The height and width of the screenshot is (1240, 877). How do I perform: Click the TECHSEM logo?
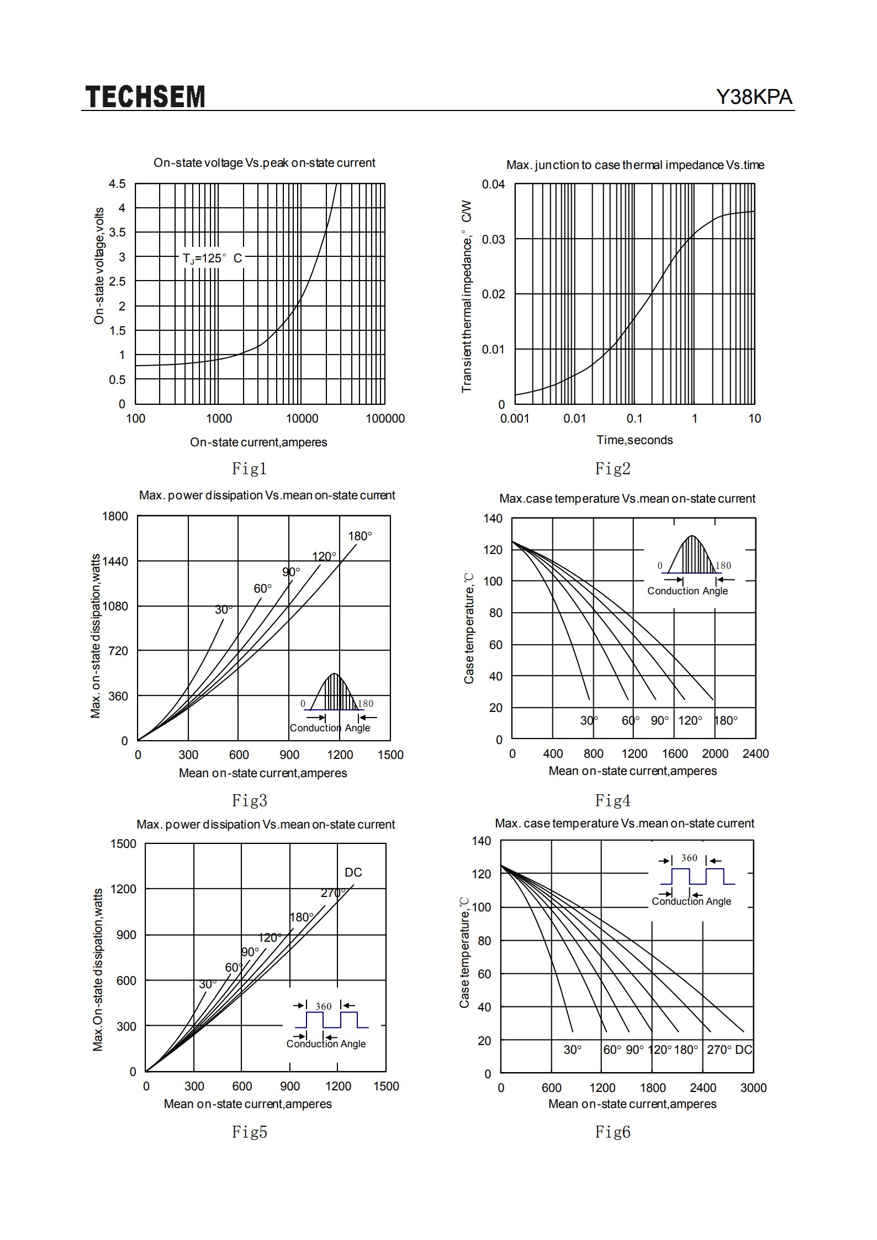pos(145,97)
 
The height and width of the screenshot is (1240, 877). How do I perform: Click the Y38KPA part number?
pos(754,97)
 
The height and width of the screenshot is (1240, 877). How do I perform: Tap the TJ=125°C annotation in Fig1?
pos(213,258)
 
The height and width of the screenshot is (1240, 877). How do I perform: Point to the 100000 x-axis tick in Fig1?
pos(385,419)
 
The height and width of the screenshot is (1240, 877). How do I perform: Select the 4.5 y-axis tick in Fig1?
pos(117,184)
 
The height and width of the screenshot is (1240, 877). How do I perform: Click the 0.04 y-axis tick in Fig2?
pos(493,184)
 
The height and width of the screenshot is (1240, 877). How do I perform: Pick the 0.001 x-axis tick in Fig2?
pos(515,419)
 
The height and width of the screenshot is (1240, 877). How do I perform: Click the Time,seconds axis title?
pos(635,440)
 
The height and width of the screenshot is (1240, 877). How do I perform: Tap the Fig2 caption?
pos(612,468)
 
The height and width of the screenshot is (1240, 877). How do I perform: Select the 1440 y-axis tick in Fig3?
pos(115,561)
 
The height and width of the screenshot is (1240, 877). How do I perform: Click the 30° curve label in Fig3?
pos(224,610)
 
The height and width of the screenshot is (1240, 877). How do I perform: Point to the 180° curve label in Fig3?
pos(360,536)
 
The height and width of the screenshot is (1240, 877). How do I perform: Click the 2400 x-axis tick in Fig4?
pos(756,754)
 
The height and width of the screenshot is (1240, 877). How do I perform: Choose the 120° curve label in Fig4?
pos(690,721)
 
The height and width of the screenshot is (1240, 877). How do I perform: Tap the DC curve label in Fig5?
pos(353,873)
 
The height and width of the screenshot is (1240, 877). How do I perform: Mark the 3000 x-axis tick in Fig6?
pos(753,1088)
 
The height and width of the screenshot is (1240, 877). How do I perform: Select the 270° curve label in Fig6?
pos(720,1050)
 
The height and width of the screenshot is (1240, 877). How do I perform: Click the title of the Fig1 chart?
pos(265,163)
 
